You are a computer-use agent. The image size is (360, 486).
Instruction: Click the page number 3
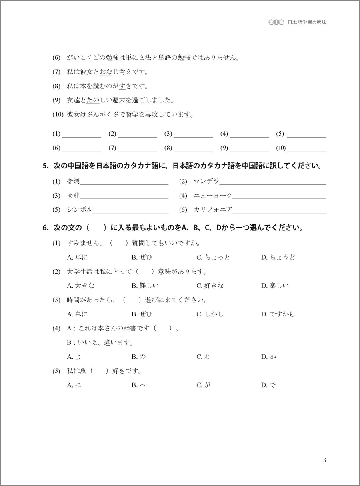(324, 460)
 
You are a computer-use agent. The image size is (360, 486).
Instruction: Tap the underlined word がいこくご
(82, 58)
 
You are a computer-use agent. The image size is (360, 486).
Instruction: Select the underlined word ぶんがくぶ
(102, 115)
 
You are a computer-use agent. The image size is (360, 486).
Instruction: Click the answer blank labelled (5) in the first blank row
(306, 134)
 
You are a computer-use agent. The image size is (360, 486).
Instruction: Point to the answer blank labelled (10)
(306, 148)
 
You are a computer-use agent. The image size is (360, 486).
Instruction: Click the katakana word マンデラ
(206, 182)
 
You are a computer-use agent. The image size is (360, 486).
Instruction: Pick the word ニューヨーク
(213, 196)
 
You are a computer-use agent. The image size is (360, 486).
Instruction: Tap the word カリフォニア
(213, 210)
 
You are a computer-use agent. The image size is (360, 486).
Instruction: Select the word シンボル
(80, 210)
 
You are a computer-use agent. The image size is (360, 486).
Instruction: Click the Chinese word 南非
(73, 196)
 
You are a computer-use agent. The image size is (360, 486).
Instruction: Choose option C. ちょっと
(213, 257)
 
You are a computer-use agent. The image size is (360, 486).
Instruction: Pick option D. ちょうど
(278, 257)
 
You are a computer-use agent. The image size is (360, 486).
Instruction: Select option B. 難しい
(145, 286)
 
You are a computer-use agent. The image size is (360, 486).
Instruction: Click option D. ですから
(278, 314)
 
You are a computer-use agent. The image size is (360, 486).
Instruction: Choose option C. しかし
(210, 314)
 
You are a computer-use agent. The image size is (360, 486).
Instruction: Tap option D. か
(268, 357)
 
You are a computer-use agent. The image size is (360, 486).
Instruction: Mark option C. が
(204, 385)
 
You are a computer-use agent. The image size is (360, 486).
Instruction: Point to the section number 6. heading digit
(45, 228)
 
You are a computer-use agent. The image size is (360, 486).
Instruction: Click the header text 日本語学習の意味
(307, 23)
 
